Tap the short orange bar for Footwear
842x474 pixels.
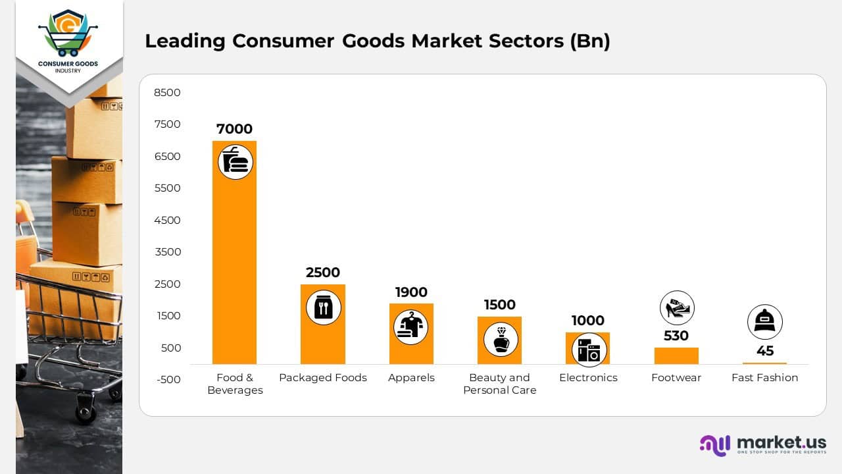(676, 355)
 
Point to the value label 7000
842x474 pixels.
(234, 129)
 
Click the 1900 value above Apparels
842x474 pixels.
(411, 292)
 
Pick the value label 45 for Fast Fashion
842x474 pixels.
(764, 351)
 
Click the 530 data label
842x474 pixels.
(676, 336)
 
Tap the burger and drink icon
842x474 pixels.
(235, 162)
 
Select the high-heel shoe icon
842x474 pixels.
(677, 307)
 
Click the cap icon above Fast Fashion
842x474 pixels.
(764, 322)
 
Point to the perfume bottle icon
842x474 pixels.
(501, 340)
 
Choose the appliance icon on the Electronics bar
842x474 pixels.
(589, 350)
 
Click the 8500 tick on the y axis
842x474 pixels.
(167, 92)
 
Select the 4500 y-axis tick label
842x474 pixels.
(167, 220)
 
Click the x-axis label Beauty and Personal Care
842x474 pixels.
(499, 384)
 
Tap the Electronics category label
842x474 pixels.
(588, 377)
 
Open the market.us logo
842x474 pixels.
(763, 444)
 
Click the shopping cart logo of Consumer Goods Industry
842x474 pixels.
(68, 34)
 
